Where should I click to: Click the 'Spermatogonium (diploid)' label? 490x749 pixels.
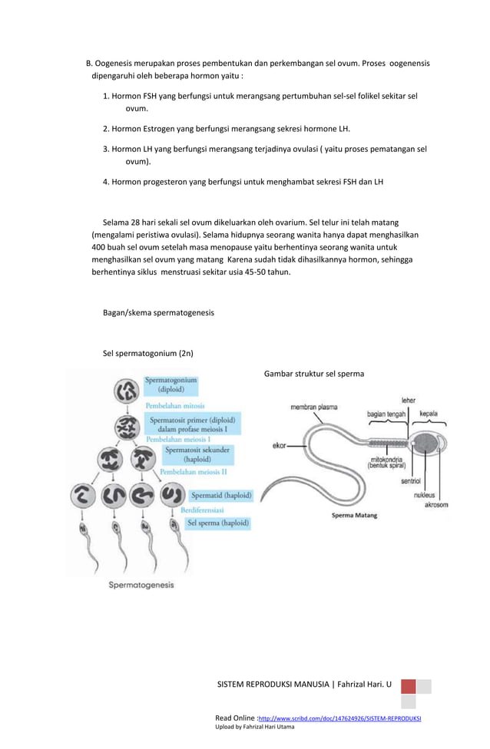[x=171, y=384]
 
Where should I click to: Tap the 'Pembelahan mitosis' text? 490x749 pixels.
[x=175, y=405]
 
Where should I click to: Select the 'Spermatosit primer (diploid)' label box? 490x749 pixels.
[x=192, y=424]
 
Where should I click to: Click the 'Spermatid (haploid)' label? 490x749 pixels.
[x=220, y=496]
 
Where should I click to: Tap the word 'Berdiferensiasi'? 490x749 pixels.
[x=202, y=510]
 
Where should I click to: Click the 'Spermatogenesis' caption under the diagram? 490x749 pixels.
[x=141, y=585]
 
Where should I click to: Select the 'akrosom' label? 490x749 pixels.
[x=436, y=505]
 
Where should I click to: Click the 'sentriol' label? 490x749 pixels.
[x=411, y=482]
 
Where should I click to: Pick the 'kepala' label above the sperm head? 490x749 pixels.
[x=428, y=414]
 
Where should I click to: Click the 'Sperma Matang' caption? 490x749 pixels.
[x=354, y=516]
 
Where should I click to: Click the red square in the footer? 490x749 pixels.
[x=408, y=686]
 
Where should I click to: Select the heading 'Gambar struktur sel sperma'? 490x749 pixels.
[x=314, y=374]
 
